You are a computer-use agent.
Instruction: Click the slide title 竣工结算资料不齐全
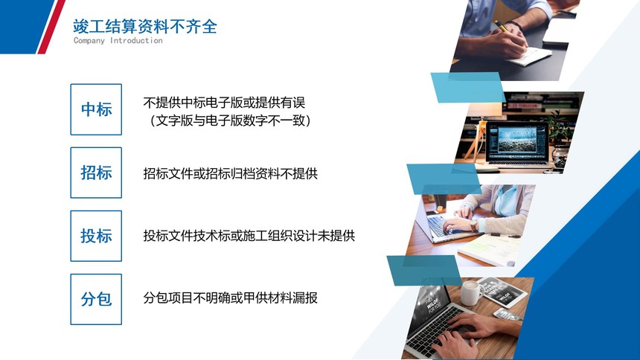click(145, 27)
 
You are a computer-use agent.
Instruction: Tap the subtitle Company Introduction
click(118, 40)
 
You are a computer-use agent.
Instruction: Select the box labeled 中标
click(96, 109)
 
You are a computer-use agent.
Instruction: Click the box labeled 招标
click(96, 173)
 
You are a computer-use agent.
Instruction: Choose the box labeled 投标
click(96, 236)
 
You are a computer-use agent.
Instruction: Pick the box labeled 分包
click(96, 299)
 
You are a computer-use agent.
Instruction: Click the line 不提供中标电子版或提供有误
click(224, 103)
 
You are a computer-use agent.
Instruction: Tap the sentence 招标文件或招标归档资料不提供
click(230, 173)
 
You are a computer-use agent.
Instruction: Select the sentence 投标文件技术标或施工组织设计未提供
click(249, 236)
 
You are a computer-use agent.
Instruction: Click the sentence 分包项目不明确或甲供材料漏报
click(230, 298)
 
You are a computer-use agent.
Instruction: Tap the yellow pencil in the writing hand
click(506, 30)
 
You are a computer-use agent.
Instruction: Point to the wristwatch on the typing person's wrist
click(474, 225)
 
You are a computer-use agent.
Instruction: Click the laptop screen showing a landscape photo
click(517, 141)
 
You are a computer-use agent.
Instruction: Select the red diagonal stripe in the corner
click(51, 27)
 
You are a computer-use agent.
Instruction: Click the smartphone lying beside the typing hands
click(508, 315)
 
